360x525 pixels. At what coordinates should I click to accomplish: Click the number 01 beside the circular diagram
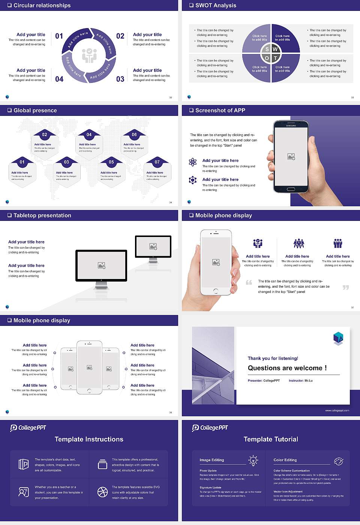point(59,36)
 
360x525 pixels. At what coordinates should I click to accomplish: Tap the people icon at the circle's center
point(89,55)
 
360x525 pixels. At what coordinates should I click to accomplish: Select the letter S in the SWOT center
point(267,49)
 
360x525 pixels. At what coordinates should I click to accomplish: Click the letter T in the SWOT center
point(275,58)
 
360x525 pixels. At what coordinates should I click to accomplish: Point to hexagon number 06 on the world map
point(134,135)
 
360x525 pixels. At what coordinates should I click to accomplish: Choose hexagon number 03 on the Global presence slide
point(66,162)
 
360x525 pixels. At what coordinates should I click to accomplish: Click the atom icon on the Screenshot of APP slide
point(193,162)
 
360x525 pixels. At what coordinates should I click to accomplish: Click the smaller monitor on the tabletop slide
point(153,246)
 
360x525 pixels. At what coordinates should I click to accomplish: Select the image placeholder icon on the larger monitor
point(101,265)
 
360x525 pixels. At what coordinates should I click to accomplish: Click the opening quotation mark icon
point(249,282)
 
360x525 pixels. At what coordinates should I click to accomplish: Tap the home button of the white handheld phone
point(216,291)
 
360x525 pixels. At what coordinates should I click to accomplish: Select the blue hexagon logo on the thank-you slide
point(338,338)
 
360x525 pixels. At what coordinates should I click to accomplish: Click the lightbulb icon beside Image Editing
point(253,460)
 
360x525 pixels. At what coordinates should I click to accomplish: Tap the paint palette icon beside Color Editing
point(338,461)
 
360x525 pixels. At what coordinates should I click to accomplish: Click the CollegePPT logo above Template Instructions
point(28,428)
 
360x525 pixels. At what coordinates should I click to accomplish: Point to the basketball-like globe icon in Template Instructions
point(102,492)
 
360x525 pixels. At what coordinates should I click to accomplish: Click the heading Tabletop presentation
point(42,216)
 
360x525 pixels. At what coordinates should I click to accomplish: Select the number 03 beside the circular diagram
point(120,79)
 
